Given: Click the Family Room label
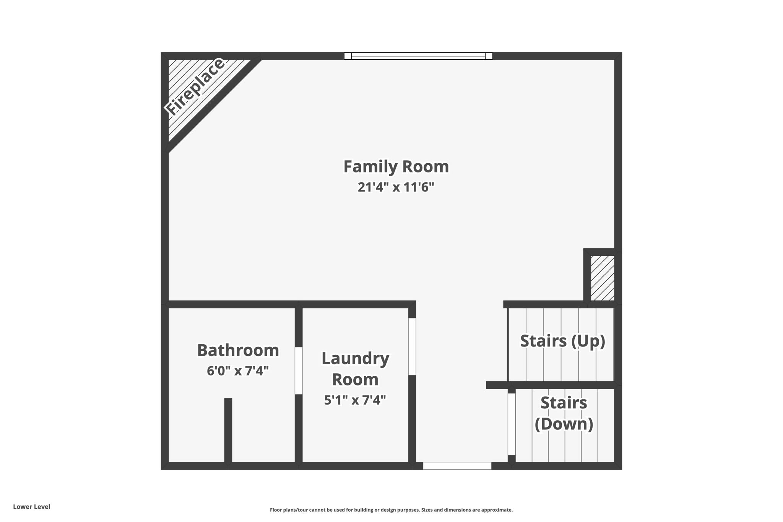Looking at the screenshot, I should (x=396, y=167).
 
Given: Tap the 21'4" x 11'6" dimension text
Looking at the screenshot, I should (x=396, y=187).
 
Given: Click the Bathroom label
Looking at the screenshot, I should (x=238, y=350).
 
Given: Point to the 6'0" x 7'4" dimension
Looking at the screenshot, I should (x=238, y=371).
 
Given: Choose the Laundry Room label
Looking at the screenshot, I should (x=355, y=369).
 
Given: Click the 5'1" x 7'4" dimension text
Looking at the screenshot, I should (x=355, y=400).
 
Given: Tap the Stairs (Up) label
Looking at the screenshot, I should (x=562, y=341).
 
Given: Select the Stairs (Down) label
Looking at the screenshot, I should (x=564, y=413).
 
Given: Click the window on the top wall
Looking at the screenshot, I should (x=418, y=56).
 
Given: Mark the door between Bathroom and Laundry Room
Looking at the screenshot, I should (x=299, y=371).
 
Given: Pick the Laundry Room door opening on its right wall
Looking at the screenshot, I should (x=412, y=346).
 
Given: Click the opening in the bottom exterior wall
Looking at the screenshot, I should (x=457, y=466).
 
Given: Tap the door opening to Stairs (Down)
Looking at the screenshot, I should (x=512, y=424).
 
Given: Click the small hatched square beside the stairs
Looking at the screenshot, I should (x=603, y=278).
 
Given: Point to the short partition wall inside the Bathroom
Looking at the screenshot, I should (x=228, y=430).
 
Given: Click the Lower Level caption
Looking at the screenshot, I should (x=32, y=507).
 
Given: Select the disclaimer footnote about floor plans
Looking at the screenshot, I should (x=391, y=510).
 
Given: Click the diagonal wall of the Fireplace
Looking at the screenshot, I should (x=214, y=105).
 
